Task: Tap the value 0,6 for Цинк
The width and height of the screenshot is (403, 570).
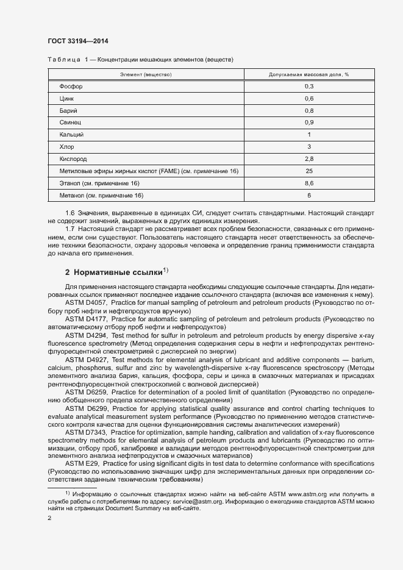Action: [x=309, y=99]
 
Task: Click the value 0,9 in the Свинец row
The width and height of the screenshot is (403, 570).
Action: [x=309, y=123]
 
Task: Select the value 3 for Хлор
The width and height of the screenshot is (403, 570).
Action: [x=309, y=147]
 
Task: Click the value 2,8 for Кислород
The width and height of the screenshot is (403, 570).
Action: [x=309, y=159]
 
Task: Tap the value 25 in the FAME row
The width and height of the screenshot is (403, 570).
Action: [x=309, y=171]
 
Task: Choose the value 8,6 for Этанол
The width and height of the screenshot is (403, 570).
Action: [x=309, y=183]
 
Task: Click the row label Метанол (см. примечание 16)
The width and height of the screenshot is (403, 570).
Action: [x=101, y=195]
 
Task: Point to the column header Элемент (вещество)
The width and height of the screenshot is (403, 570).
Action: [x=146, y=74]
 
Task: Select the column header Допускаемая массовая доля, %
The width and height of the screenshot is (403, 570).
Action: [x=309, y=74]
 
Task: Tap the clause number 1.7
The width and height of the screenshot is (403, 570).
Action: [x=70, y=227]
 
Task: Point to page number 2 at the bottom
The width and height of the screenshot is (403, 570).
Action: [x=49, y=518]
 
